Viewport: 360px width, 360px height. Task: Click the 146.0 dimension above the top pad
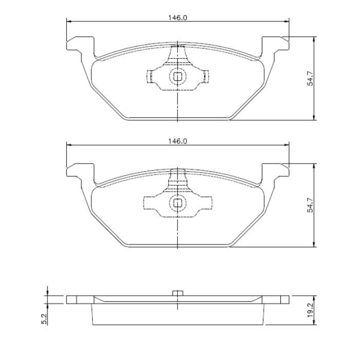point(178,17)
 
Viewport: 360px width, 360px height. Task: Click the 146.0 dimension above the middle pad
point(178,141)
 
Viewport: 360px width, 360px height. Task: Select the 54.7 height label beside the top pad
point(310,79)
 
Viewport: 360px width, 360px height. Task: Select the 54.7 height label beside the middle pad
point(310,205)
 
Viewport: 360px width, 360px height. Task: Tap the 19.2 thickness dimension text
point(310,310)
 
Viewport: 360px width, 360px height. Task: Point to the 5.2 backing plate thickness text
point(44,319)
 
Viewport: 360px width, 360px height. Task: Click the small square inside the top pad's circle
point(177,77)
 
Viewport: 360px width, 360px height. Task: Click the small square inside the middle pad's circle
point(177,203)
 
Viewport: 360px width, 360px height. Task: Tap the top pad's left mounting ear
point(80,44)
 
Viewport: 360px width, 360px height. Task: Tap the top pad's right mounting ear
point(276,44)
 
